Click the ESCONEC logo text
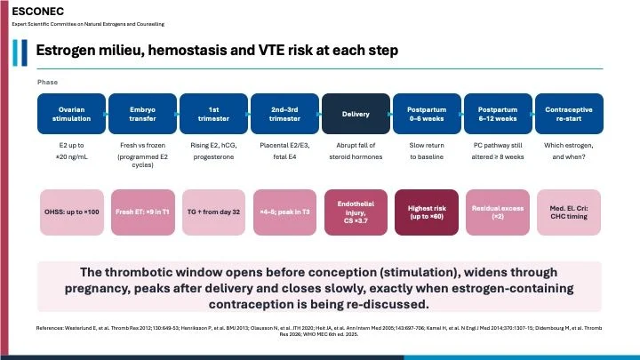pos(38,12)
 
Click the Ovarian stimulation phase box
pos(71,114)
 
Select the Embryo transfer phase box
pos(142,114)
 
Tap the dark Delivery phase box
pos(356,114)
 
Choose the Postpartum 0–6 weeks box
pos(427,114)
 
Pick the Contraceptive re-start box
pos(569,114)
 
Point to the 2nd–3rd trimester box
pos(285,114)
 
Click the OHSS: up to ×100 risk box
pos(72,212)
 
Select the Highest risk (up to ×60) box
pos(427,212)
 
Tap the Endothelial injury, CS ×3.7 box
pos(356,212)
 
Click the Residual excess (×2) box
pos(498,212)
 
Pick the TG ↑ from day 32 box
pos(214,212)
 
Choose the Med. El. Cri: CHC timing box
pos(569,212)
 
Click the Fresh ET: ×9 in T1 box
pos(143,212)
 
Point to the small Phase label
pos(47,82)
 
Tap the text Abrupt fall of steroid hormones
pos(356,151)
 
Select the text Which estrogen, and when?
pos(569,151)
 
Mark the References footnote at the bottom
pos(319,331)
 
